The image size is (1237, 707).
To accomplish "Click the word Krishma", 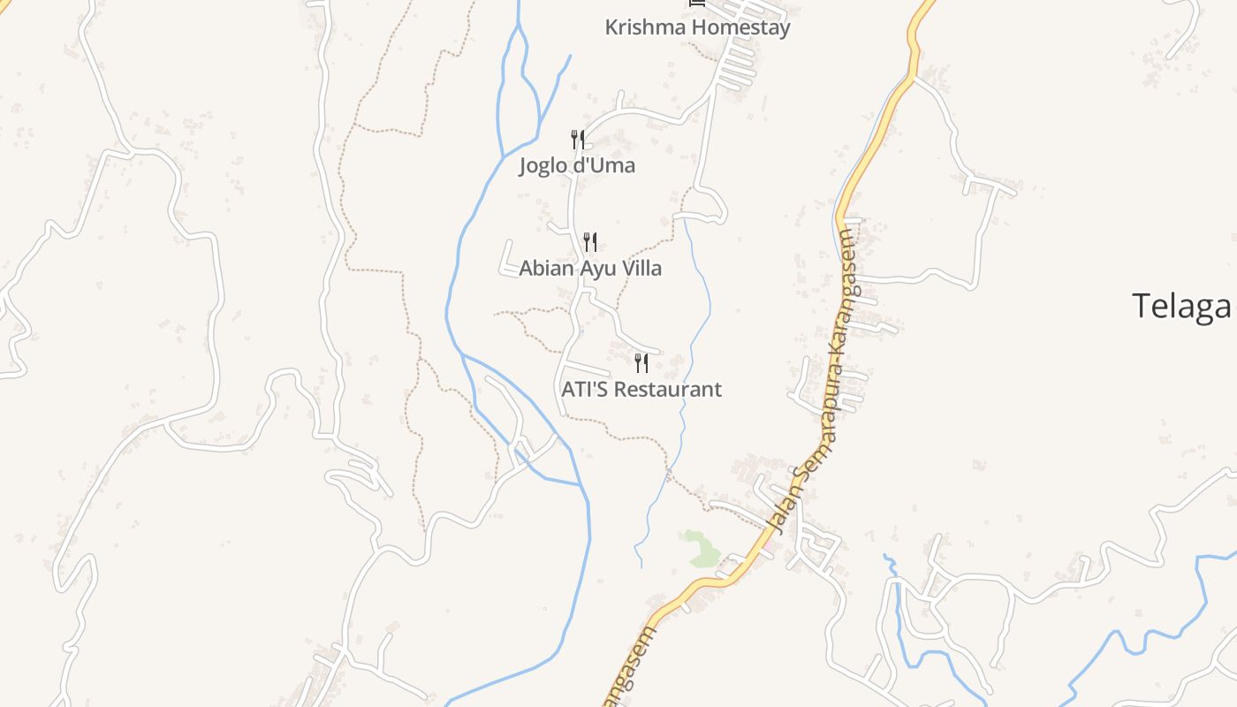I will pyautogui.click(x=645, y=27).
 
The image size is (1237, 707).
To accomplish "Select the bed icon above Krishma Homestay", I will pyautogui.click(x=697, y=4).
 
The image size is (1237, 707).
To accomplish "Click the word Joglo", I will pyautogui.click(x=544, y=165).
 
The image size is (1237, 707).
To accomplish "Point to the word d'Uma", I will pyautogui.click(x=605, y=165).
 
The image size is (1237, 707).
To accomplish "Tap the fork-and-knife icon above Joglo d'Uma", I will pyautogui.click(x=577, y=139).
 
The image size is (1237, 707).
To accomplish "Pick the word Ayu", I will pyautogui.click(x=597, y=268).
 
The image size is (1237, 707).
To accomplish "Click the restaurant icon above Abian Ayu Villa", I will pyautogui.click(x=590, y=241).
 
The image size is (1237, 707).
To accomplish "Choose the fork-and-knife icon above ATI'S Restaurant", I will pyautogui.click(x=641, y=362).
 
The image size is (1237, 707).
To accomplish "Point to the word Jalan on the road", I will pyautogui.click(x=781, y=508).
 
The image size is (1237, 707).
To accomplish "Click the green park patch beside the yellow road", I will pyautogui.click(x=702, y=548).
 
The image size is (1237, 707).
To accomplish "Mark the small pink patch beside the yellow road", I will pyautogui.click(x=768, y=546).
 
